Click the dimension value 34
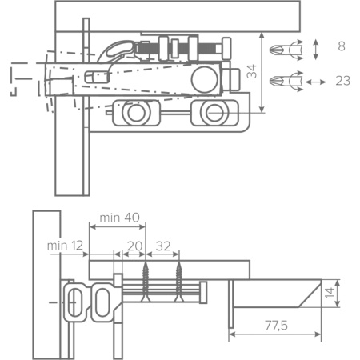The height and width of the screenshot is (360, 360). (x=251, y=71)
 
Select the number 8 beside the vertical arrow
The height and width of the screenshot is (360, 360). (x=342, y=46)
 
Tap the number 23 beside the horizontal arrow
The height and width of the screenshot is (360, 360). (x=343, y=81)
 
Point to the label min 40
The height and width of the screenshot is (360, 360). (x=119, y=218)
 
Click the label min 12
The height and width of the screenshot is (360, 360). (x=65, y=246)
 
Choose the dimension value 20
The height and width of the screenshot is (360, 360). (x=134, y=246)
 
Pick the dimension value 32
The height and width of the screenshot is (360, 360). (x=163, y=246)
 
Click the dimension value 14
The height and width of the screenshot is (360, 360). (x=330, y=293)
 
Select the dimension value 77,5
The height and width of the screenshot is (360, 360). (x=276, y=326)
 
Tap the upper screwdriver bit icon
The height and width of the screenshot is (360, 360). (x=286, y=50)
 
